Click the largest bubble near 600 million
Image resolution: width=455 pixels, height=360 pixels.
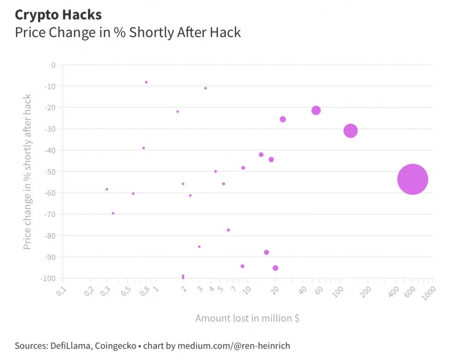click(412, 179)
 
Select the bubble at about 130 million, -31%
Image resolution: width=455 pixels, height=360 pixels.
click(350, 131)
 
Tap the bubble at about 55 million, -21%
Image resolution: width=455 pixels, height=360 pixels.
click(316, 110)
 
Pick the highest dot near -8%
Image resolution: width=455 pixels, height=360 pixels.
click(146, 82)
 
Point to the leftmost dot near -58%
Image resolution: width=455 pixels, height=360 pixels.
click(107, 189)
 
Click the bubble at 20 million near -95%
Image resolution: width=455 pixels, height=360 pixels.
click(276, 268)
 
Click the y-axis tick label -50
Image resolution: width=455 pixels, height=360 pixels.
click(50, 172)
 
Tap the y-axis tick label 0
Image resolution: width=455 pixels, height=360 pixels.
click(53, 65)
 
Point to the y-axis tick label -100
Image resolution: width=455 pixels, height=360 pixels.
click(48, 278)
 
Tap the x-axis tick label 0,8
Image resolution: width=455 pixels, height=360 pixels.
click(145, 291)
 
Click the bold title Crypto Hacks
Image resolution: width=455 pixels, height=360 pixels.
click(58, 15)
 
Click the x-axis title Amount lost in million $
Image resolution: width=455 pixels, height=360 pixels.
click(247, 318)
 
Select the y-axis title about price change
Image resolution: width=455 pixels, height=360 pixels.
click(27, 172)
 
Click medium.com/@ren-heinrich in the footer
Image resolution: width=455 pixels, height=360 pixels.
click(233, 346)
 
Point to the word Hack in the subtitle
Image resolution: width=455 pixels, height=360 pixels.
click(227, 32)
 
